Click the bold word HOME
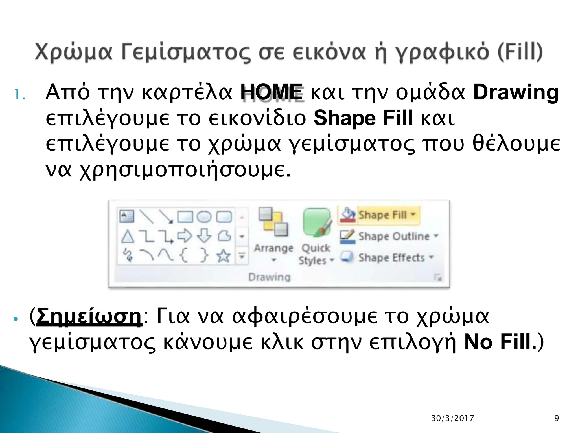[x=272, y=92]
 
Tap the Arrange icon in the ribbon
[x=273, y=223]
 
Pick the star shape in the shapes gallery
[x=224, y=256]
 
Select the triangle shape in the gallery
[x=128, y=236]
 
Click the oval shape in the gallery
[x=204, y=217]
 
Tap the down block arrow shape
[x=204, y=235]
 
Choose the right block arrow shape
[x=185, y=236]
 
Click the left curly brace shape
[x=184, y=256]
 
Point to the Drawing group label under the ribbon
[x=269, y=277]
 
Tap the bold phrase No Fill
[x=498, y=342]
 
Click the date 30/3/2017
[x=453, y=418]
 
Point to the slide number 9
[x=557, y=418]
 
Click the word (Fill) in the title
[x=520, y=52]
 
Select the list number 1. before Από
[x=20, y=95]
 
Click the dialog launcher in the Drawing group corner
[x=438, y=278]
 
